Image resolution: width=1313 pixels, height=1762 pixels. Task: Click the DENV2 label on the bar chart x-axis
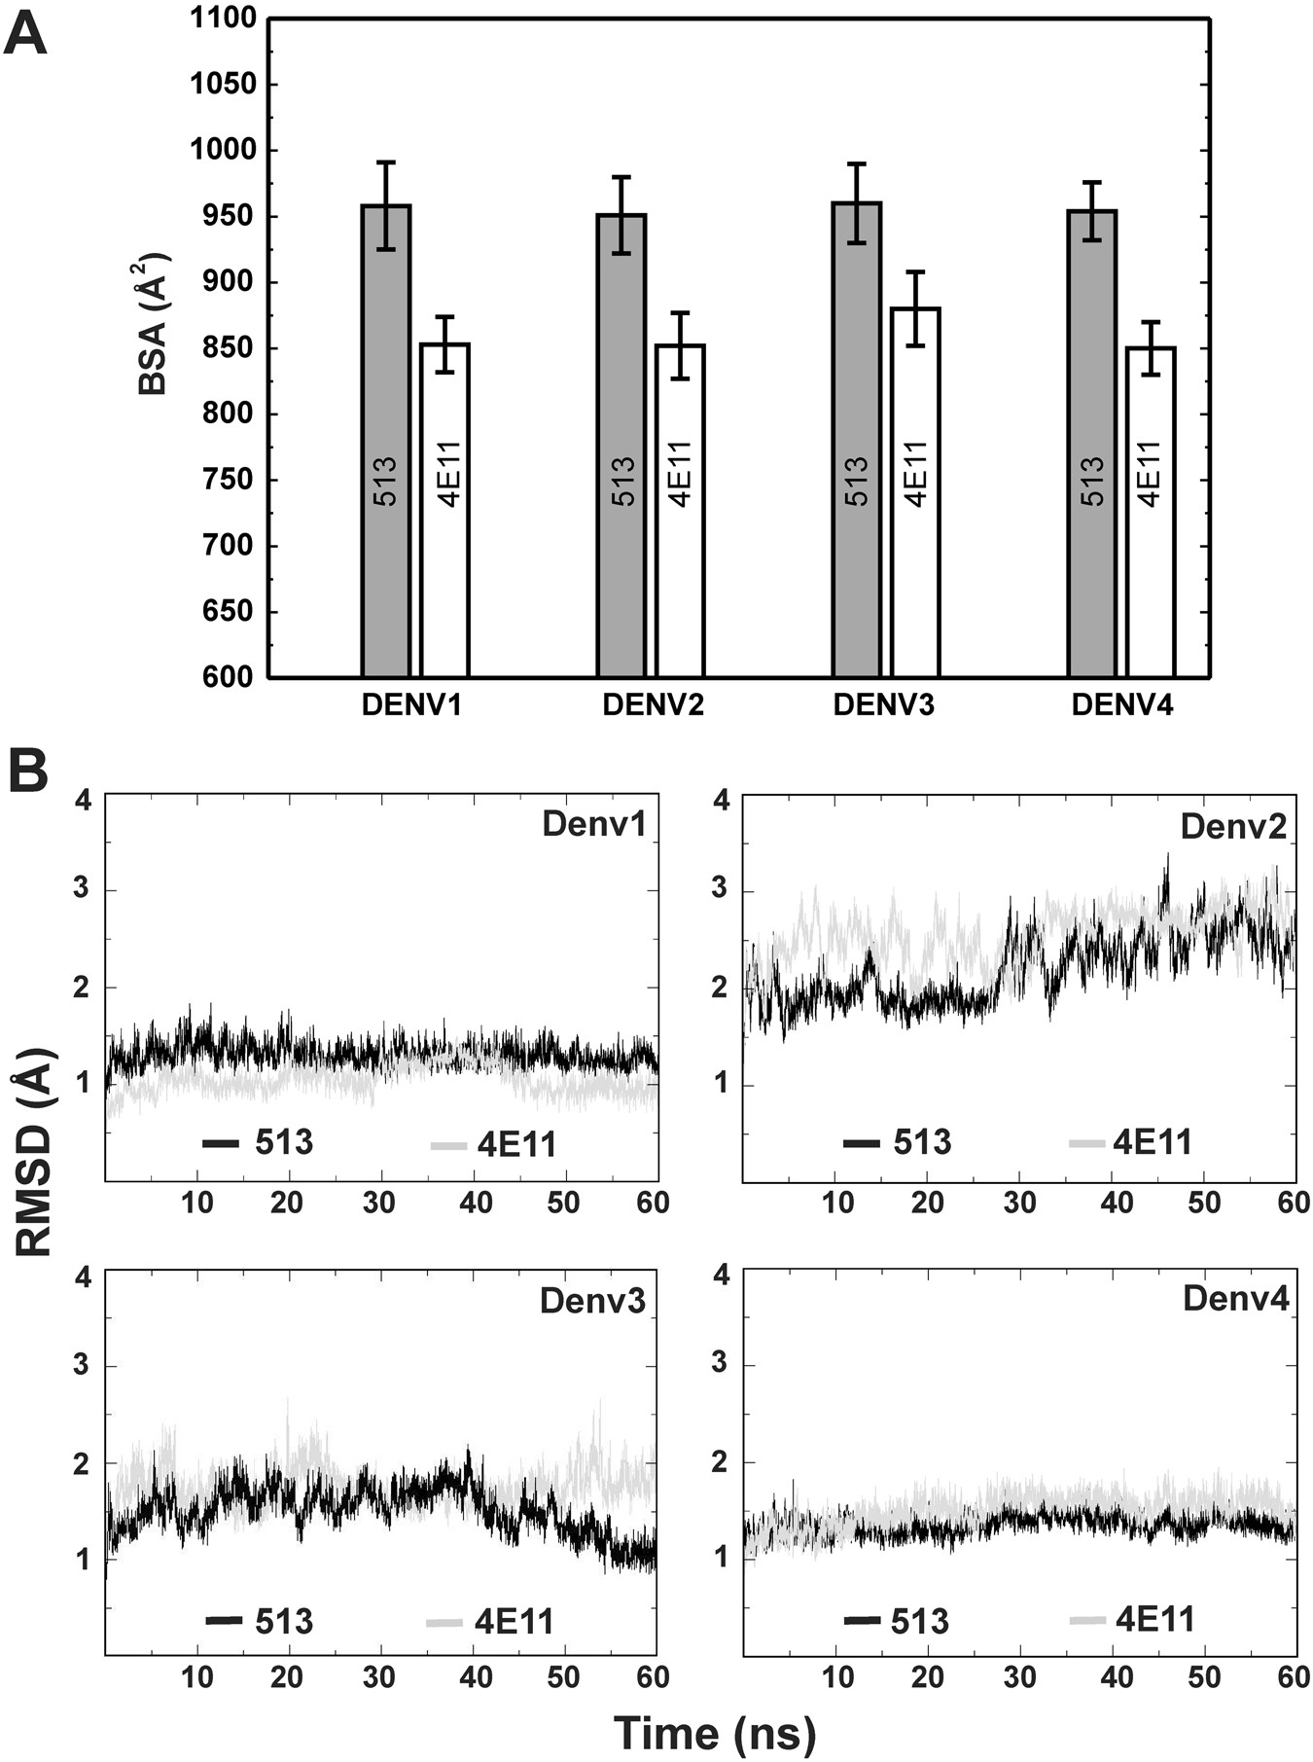pyautogui.click(x=653, y=705)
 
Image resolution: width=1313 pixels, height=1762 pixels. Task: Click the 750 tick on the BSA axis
pyautogui.click(x=230, y=481)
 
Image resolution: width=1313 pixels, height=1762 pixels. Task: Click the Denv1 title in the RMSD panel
pyautogui.click(x=593, y=824)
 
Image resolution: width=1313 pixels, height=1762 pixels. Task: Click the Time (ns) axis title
pyautogui.click(x=715, y=1733)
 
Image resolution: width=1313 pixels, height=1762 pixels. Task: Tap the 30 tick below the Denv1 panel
pyautogui.click(x=379, y=1203)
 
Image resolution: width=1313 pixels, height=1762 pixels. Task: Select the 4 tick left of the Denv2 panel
pyautogui.click(x=721, y=801)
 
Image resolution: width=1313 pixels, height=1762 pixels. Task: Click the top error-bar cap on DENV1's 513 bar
pyautogui.click(x=386, y=162)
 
